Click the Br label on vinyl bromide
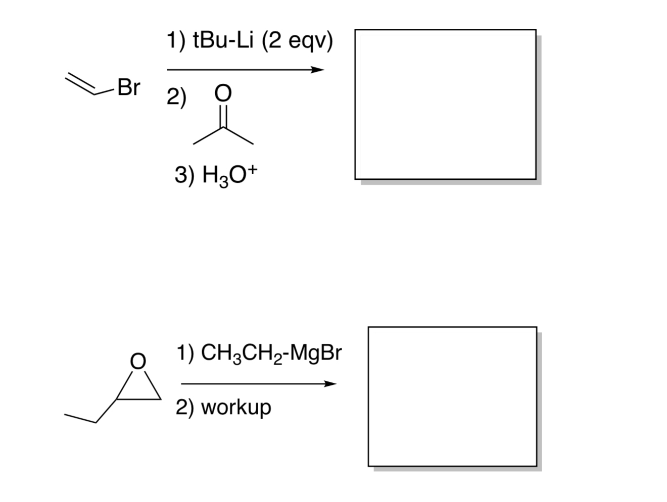pos(128,87)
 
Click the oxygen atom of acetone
pos(223,93)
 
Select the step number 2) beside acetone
pos(176,96)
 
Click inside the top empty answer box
pos(445,104)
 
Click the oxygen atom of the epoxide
pos(138,361)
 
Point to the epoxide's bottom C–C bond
pos(139,399)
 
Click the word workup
pos(236,407)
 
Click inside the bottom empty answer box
pos(452,396)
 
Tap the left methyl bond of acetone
pos(208,136)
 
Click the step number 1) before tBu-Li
pos(176,40)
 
